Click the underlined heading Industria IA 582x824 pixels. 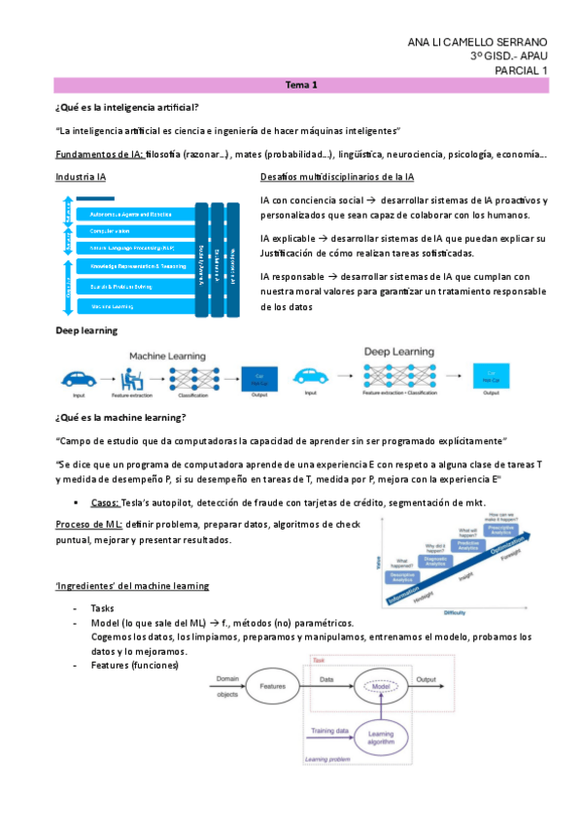click(x=82, y=177)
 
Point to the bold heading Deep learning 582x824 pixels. click(x=86, y=330)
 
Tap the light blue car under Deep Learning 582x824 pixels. click(x=311, y=374)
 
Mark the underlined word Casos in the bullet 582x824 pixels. click(x=104, y=503)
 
